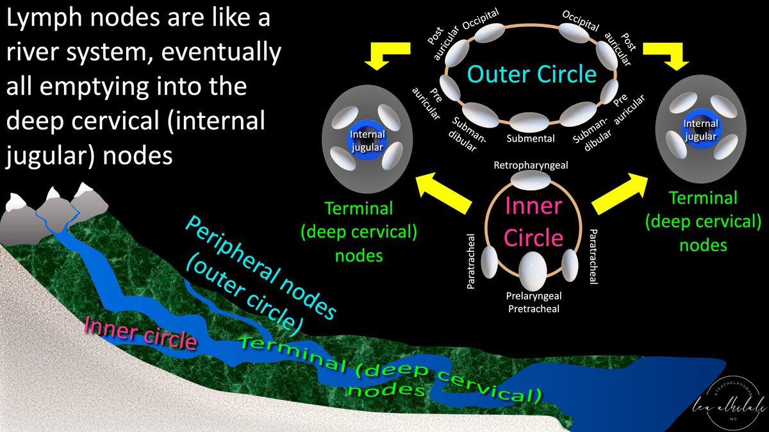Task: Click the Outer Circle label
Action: tap(531, 74)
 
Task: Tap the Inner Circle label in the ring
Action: tap(533, 222)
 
